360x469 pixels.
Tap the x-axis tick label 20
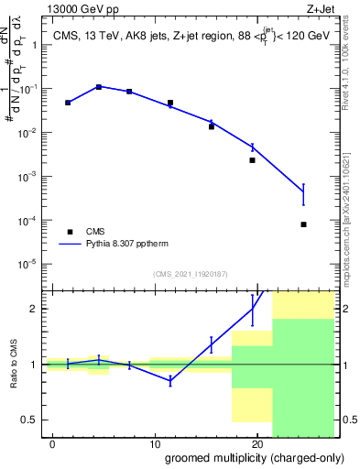[257, 442]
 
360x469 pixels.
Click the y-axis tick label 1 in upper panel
[33, 46]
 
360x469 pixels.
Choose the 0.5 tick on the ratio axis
[29, 420]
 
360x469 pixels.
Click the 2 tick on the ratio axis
[33, 309]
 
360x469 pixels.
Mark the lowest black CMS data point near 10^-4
[303, 224]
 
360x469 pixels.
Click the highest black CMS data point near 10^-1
[99, 87]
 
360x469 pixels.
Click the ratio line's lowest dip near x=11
[170, 380]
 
